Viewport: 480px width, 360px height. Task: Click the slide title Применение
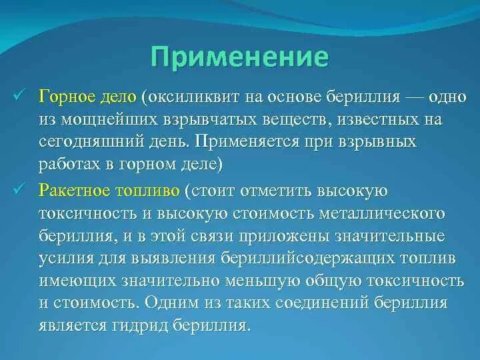(x=239, y=56)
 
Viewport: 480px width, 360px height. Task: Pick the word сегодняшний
(x=85, y=143)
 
